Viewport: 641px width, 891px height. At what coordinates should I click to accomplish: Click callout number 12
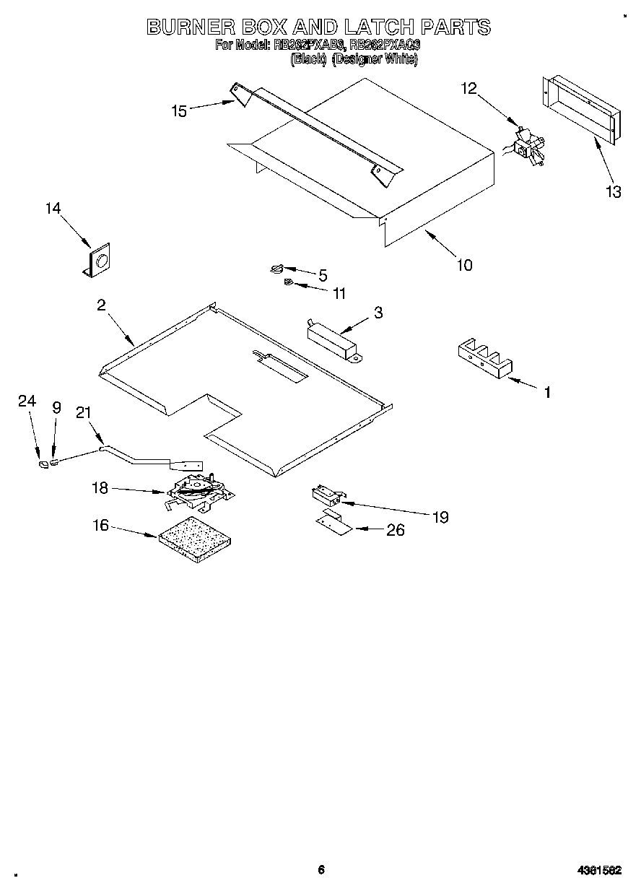pos(468,88)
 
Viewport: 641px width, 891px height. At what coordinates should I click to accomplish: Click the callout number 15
pos(179,110)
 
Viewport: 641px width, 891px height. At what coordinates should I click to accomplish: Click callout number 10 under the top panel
pos(465,265)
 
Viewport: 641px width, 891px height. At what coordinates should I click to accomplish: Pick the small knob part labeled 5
pos(278,269)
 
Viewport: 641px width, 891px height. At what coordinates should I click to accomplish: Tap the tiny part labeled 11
pos(287,282)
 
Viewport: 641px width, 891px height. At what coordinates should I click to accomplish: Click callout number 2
pos(102,305)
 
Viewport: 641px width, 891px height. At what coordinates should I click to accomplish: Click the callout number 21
pos(84,412)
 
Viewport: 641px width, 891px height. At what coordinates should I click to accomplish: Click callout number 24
pos(27,402)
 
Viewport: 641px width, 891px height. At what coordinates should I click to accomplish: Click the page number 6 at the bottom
pos(321,869)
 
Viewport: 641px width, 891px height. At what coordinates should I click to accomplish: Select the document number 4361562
pos(600,870)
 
